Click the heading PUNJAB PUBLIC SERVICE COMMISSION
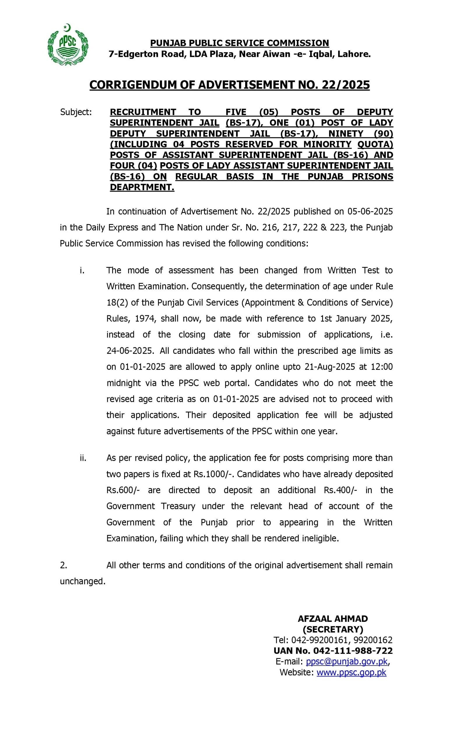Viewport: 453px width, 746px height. pos(240,43)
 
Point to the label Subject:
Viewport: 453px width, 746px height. pos(76,112)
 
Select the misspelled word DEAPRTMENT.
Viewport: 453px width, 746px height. pos(142,187)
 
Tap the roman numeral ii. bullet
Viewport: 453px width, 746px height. pos(83,458)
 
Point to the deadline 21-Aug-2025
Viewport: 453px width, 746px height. pos(330,367)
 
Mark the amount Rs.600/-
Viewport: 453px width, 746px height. pos(123,490)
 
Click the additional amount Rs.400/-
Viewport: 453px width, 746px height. pos(340,490)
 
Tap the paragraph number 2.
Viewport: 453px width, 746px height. pos(63,565)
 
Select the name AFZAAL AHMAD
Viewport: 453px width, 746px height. pos(333,619)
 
